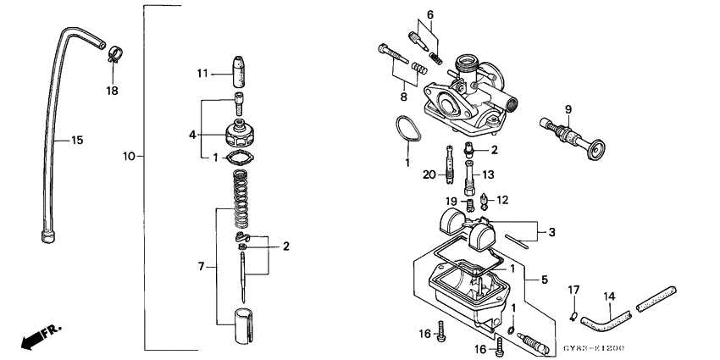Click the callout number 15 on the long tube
76,140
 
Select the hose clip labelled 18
112,58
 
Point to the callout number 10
129,157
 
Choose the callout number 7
201,267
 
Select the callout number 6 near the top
429,14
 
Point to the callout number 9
568,109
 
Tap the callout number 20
429,174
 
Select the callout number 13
487,174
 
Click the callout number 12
502,200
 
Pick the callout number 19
452,201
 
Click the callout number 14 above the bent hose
608,296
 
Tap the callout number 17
573,291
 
